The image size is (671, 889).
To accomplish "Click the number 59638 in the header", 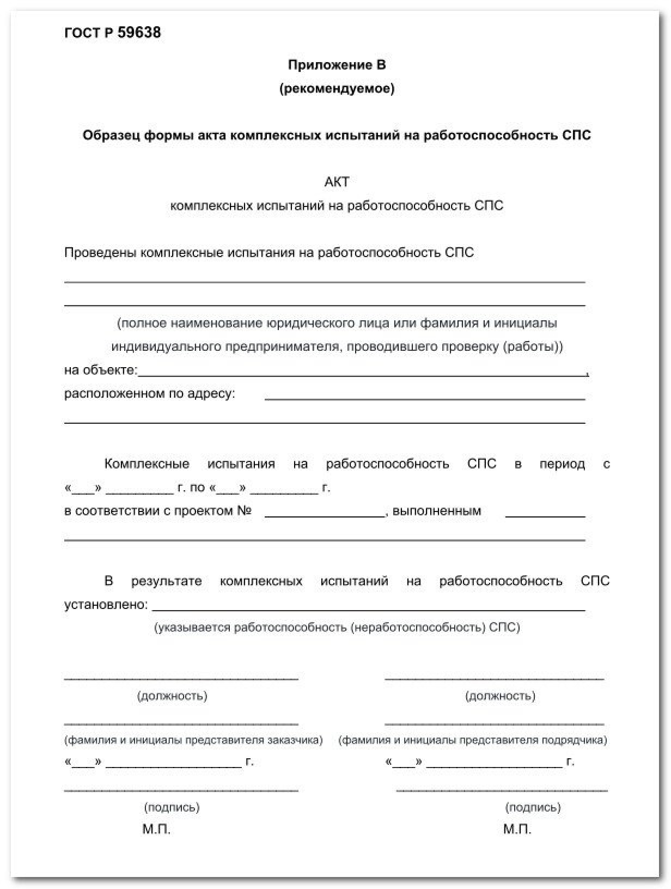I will (139, 33).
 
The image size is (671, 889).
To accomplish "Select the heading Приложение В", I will (337, 65).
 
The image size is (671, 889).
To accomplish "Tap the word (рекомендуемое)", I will (337, 88).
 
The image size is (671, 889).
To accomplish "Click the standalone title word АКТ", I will (337, 182).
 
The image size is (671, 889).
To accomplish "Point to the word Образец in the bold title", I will (111, 135).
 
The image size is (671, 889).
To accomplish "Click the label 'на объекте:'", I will (101, 370).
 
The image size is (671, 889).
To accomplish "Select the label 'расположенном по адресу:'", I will (150, 393).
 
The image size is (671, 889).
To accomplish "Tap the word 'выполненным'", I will (437, 511).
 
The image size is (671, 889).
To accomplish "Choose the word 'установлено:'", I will (106, 605).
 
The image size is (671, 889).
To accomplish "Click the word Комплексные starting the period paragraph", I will (147, 464).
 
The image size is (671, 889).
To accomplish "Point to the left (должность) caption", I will (172, 696).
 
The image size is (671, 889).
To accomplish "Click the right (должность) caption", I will (500, 696).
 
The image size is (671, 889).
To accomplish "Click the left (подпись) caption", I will (172, 807).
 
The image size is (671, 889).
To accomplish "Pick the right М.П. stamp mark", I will (517, 830).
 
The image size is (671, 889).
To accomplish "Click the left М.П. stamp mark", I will (157, 830).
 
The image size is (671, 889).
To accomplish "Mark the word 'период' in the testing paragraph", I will (562, 464).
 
